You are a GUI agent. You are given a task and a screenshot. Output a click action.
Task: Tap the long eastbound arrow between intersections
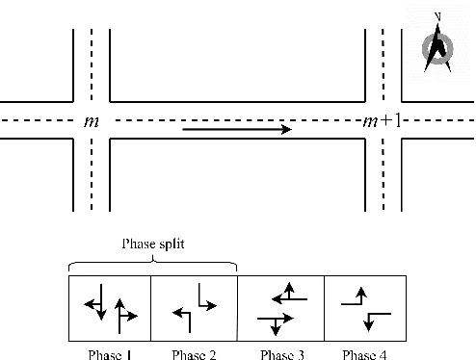[x=237, y=129]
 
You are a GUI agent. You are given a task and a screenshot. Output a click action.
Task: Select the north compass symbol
[x=438, y=47]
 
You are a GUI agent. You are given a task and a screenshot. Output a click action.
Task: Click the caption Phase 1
[x=109, y=352]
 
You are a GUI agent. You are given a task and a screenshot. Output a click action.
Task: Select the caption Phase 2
[x=194, y=352]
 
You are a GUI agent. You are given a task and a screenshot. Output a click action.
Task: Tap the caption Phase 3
[x=280, y=352]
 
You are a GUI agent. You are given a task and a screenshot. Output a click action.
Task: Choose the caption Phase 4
[x=364, y=352]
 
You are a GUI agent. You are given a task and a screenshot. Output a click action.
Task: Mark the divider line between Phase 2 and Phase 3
[x=237, y=308]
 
